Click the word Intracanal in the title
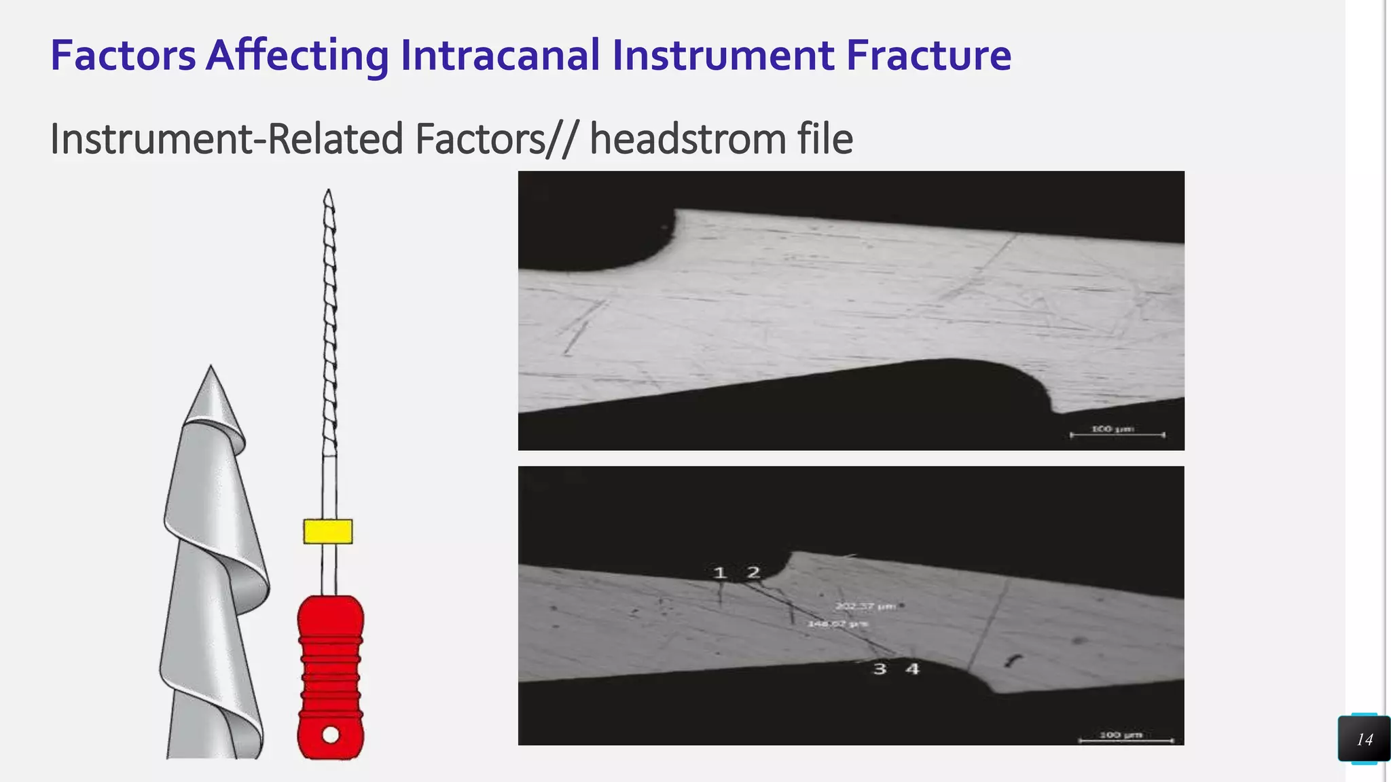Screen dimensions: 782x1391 pos(501,55)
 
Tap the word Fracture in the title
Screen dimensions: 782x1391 pos(928,55)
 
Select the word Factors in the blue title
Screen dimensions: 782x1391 pos(123,55)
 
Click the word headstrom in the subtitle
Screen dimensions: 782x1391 pos(687,139)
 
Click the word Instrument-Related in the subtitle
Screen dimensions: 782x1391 pos(227,139)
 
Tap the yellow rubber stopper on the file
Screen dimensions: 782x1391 pos(328,532)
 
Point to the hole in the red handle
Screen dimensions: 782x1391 pos(331,734)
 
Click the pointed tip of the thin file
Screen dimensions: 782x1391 pos(328,192)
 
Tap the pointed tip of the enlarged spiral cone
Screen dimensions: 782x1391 pos(211,369)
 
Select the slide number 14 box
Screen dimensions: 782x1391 pos(1364,739)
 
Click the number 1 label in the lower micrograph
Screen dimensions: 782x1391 pos(720,574)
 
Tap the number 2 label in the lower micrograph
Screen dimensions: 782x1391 pos(753,573)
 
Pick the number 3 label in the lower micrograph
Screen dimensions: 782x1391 pos(880,669)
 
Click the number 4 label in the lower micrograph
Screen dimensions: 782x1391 pos(912,669)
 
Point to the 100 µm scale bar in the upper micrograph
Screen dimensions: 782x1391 pos(1117,433)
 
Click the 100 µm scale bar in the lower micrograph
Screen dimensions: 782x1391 pos(1125,739)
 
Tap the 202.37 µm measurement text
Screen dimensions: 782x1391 pos(865,606)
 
